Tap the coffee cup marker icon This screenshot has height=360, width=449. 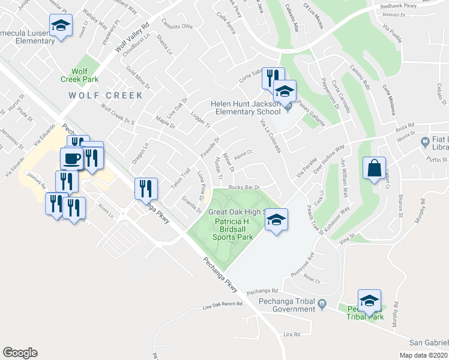click(x=72, y=158)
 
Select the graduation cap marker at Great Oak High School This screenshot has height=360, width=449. click(x=276, y=219)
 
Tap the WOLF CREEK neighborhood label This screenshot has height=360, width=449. click(x=106, y=95)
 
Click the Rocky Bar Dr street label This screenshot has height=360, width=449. click(x=244, y=187)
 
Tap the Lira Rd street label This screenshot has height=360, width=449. click(x=292, y=334)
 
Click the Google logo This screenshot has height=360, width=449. click(x=20, y=353)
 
